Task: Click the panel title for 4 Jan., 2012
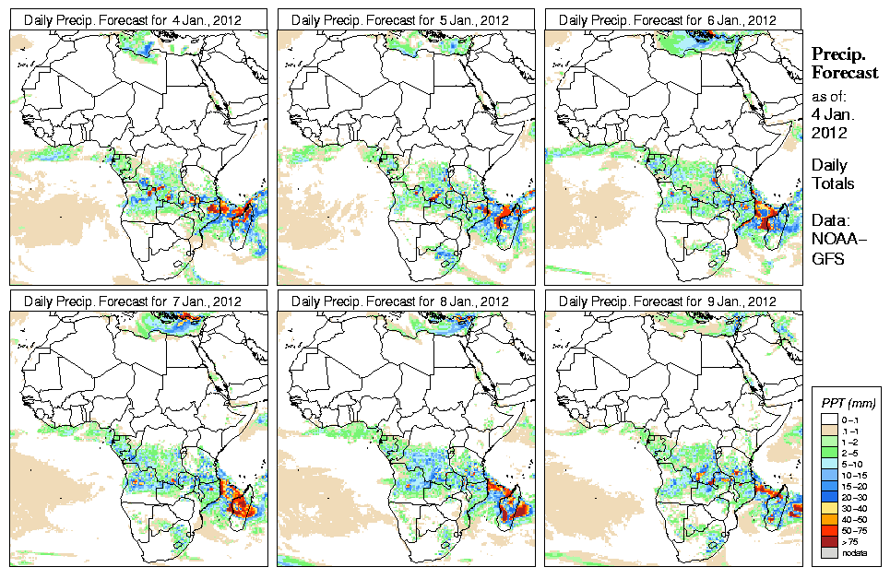(137, 19)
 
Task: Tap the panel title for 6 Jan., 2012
(672, 19)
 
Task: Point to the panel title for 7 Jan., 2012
(137, 301)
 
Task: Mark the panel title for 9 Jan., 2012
(672, 301)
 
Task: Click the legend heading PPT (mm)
(848, 403)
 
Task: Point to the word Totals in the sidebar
(833, 183)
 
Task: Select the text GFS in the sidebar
(827, 259)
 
